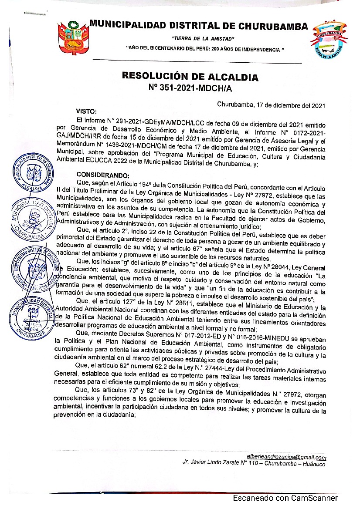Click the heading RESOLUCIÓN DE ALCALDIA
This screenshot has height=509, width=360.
[x=190, y=78]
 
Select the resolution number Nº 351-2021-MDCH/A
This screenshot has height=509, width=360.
[x=190, y=89]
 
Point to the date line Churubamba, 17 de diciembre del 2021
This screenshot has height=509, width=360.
[x=271, y=105]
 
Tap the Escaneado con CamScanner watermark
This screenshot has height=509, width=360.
[x=285, y=498]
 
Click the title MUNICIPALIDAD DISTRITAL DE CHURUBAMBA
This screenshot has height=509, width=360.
[x=198, y=26]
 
